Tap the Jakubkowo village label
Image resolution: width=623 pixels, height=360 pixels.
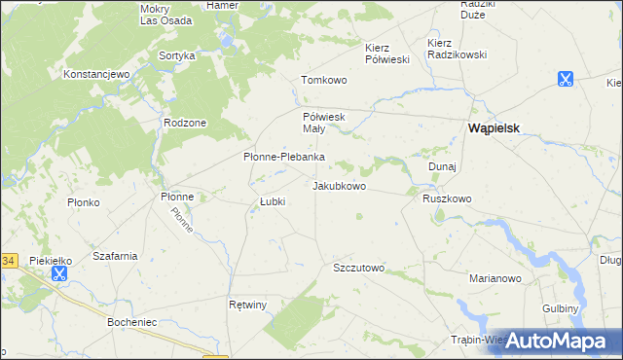click(x=339, y=185)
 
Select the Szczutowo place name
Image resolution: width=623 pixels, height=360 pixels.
click(x=359, y=268)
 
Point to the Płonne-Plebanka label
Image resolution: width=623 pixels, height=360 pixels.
click(x=283, y=157)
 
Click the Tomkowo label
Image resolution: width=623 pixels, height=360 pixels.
click(x=324, y=80)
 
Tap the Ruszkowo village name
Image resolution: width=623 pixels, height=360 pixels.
click(x=447, y=198)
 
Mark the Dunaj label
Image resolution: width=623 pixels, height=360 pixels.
click(x=442, y=166)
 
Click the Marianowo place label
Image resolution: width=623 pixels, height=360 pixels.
click(x=496, y=278)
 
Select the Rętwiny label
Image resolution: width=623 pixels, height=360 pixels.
click(x=247, y=305)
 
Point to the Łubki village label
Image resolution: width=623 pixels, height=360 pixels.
click(x=272, y=202)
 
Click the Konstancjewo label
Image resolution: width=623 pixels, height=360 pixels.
click(x=96, y=74)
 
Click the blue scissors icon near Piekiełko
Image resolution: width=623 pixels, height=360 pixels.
click(x=59, y=273)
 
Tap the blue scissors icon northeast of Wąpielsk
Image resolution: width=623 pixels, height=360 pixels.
click(x=565, y=80)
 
